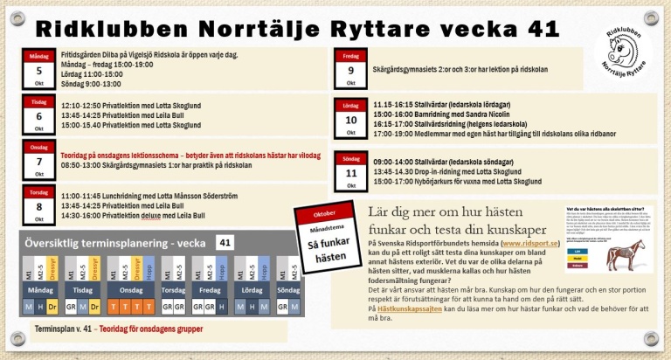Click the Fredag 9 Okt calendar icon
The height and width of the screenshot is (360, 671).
pyautogui.click(x=350, y=70)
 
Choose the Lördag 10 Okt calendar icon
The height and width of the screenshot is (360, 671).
pyautogui.click(x=350, y=119)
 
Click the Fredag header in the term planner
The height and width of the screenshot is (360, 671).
pyautogui.click(x=210, y=289)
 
